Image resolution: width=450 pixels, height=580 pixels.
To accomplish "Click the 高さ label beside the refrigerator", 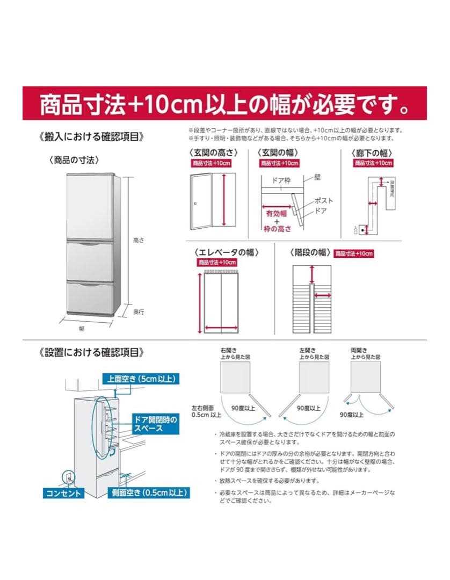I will (x=139, y=241).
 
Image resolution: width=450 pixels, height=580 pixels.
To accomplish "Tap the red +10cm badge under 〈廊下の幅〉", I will (x=374, y=163).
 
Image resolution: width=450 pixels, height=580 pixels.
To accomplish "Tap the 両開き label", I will (x=358, y=350).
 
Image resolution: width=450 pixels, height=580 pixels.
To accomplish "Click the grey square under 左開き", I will (x=314, y=376).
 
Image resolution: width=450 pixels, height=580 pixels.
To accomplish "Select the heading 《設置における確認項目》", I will (x=92, y=352).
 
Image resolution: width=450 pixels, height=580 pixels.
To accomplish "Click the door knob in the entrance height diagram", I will (x=197, y=203).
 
